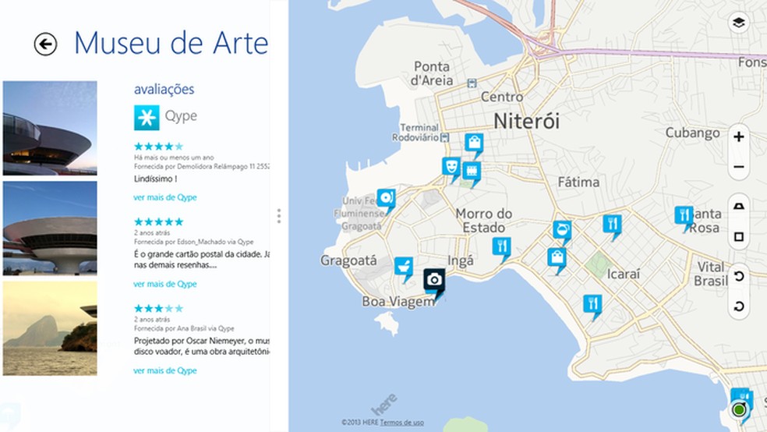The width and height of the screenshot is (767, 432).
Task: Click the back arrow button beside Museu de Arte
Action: tap(45, 44)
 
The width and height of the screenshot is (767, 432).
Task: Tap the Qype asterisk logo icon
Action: tap(146, 116)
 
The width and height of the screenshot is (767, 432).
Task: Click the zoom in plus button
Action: tap(739, 137)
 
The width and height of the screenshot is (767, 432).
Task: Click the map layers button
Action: tap(738, 23)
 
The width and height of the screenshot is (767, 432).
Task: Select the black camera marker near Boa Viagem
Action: tap(434, 281)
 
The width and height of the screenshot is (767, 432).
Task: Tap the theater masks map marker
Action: tap(450, 166)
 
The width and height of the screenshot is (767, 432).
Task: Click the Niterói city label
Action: tap(526, 121)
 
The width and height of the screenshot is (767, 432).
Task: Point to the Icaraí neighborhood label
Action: tap(623, 274)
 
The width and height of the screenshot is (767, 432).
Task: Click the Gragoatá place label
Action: tap(348, 260)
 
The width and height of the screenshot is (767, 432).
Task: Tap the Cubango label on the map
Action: tap(691, 133)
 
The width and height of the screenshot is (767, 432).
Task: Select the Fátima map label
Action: tap(578, 182)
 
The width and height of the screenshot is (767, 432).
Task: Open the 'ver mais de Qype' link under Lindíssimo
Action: tap(165, 198)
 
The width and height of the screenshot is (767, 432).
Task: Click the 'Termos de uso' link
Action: tap(403, 423)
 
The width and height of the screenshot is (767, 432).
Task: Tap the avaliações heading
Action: tap(164, 89)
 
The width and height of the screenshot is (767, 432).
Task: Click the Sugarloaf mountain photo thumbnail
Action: tap(50, 328)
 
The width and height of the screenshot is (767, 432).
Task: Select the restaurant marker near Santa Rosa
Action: tap(684, 216)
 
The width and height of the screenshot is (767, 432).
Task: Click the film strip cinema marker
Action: tap(471, 171)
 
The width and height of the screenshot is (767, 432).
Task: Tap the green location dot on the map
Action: tap(739, 410)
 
